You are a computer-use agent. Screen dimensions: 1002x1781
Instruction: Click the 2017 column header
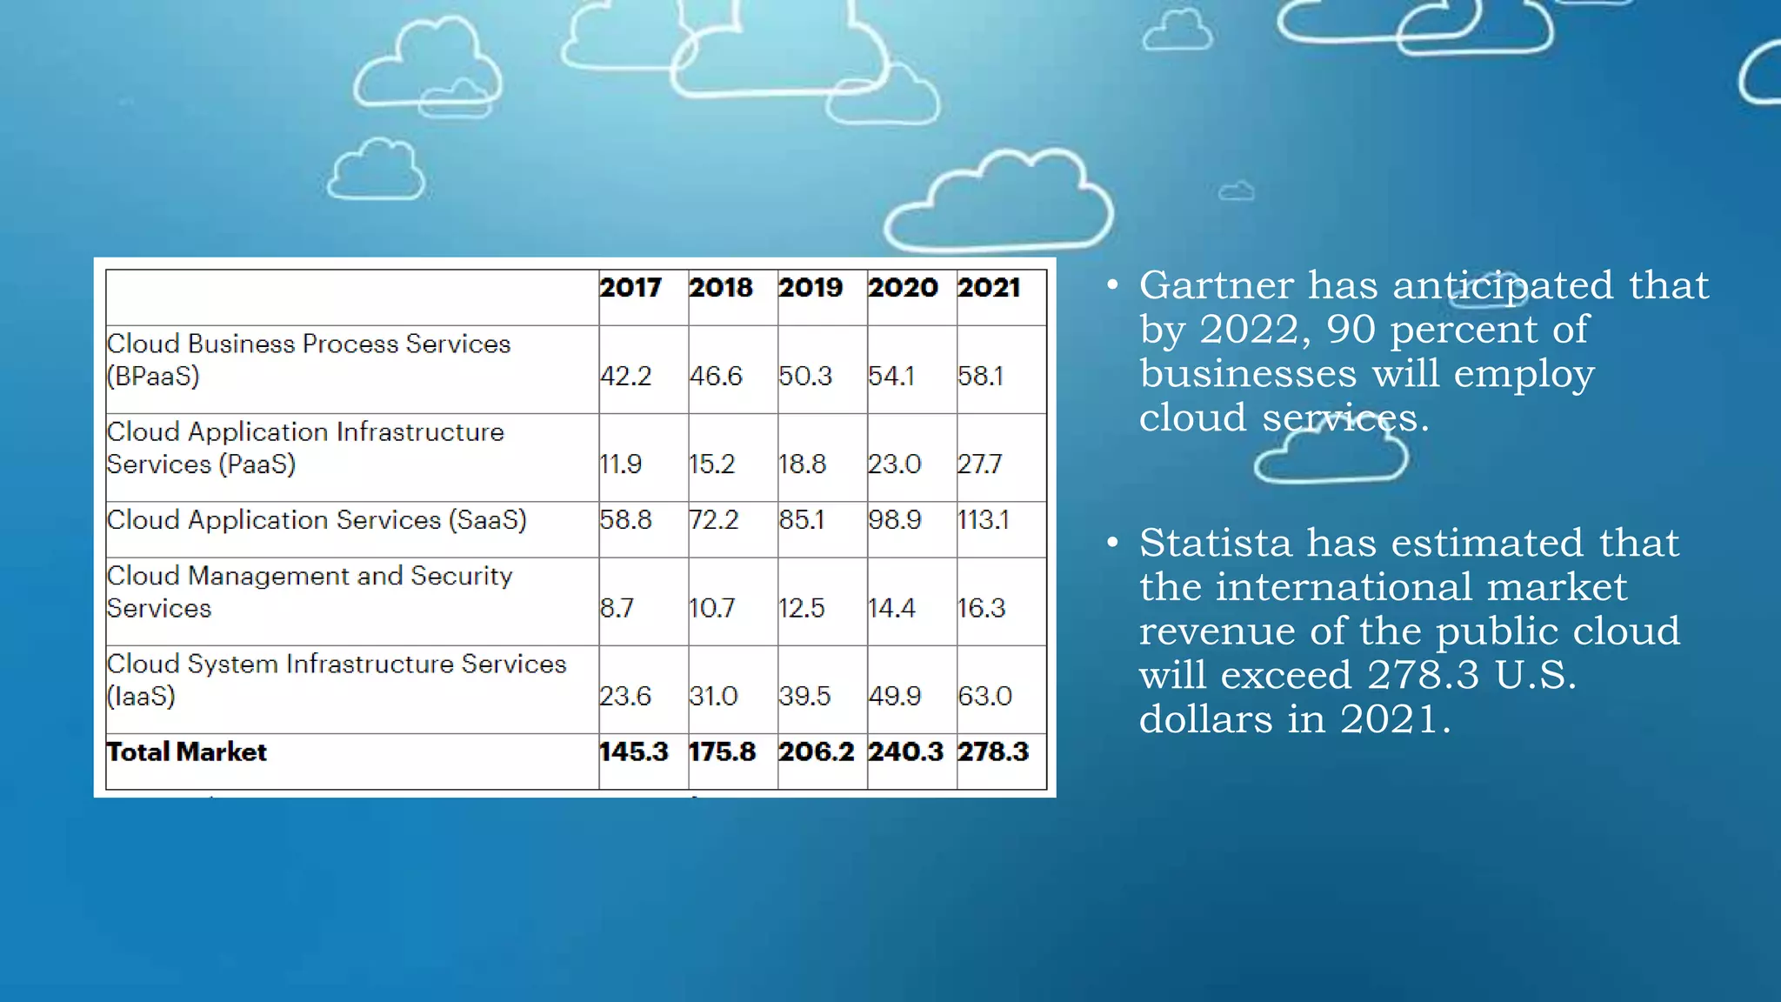(630, 288)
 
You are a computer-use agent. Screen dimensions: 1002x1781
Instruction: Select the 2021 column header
(989, 288)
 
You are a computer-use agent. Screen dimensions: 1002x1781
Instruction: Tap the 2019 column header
(810, 288)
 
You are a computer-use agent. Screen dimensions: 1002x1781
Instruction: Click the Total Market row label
(186, 752)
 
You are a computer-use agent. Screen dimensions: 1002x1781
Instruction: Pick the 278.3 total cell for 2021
(993, 752)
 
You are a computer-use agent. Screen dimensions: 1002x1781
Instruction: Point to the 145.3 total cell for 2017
(634, 752)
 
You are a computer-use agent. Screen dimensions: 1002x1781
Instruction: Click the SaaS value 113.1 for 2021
(984, 520)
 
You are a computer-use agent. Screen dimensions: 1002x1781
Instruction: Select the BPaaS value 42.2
(626, 376)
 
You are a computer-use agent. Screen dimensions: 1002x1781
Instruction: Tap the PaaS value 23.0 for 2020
(894, 464)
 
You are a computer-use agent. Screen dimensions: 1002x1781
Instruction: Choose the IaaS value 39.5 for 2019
(804, 696)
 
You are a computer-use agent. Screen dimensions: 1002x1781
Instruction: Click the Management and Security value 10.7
(712, 608)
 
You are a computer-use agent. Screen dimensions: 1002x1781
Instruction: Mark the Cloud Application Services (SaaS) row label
(317, 520)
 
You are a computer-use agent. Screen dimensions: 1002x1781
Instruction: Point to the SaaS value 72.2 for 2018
(714, 520)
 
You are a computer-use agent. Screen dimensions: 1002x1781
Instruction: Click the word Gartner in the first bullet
(1217, 285)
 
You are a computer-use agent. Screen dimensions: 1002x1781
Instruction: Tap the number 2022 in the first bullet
(1249, 330)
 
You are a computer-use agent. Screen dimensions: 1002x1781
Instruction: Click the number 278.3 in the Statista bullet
(1423, 675)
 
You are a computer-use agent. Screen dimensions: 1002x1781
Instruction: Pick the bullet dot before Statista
(1112, 543)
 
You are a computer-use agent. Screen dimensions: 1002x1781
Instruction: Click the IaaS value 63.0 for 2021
(985, 696)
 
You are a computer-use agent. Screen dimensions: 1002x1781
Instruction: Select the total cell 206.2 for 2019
(817, 752)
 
